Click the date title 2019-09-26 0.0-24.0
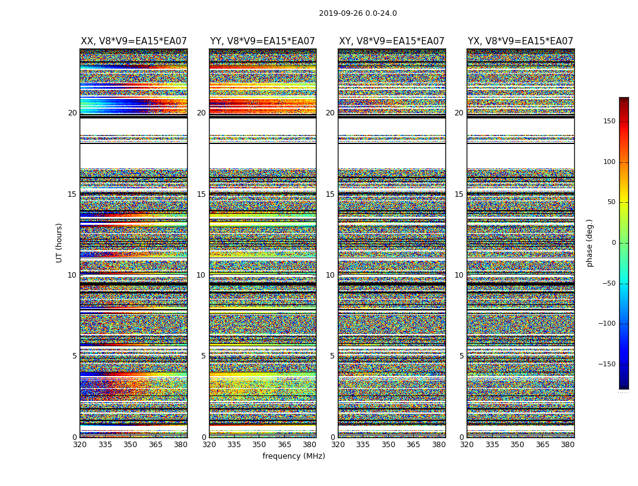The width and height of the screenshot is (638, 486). point(358,13)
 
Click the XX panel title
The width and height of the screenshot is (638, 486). point(134,41)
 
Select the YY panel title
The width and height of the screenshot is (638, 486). point(262,41)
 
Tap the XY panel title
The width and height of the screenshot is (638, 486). point(392,41)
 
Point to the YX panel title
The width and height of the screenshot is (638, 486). point(521,41)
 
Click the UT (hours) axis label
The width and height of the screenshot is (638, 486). point(60,242)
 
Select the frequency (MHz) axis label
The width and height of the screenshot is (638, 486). point(293,456)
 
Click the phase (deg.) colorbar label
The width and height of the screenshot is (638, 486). point(589,243)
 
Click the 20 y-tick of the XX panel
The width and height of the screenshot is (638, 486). point(72,113)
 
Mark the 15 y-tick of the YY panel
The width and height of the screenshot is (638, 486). point(201,194)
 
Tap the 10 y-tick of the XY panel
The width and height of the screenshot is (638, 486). point(330,275)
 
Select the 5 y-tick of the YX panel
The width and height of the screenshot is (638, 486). point(461,356)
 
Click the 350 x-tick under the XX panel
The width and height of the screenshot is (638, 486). point(130,445)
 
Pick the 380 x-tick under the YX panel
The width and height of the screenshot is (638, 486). point(568,445)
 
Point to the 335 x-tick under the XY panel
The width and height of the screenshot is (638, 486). point(363,445)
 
